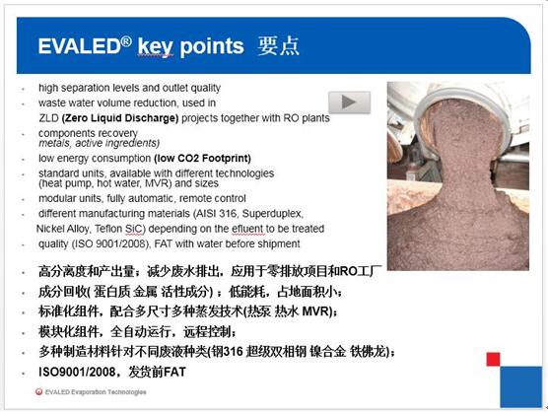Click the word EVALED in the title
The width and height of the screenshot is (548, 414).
(x=79, y=47)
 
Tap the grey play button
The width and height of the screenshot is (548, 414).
(x=349, y=103)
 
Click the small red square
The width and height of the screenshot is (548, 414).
(x=493, y=359)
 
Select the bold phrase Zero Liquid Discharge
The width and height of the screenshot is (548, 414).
(x=120, y=118)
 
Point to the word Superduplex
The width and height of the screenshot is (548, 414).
(x=272, y=213)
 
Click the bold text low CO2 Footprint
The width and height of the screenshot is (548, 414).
(x=202, y=159)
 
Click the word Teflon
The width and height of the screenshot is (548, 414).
(x=108, y=229)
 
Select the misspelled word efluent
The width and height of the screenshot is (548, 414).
(x=248, y=229)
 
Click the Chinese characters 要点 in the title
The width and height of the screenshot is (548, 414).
(x=278, y=46)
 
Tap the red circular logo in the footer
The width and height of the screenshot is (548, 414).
(x=38, y=391)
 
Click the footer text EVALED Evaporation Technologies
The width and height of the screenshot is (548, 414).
(x=96, y=392)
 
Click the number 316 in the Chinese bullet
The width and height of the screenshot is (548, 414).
(x=234, y=352)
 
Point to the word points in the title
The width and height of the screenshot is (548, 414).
(x=212, y=47)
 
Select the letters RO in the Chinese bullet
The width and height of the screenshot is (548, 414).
(x=348, y=271)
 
